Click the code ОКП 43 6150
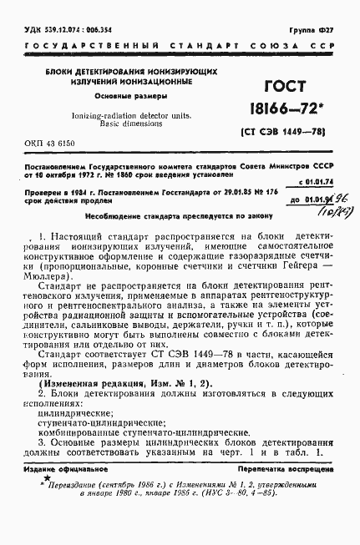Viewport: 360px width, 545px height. click(x=56, y=144)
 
